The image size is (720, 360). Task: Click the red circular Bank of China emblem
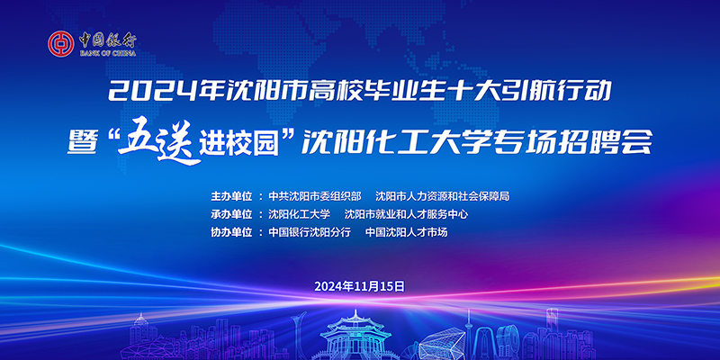click(60, 44)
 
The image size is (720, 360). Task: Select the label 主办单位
click(232, 196)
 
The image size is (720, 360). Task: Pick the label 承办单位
click(232, 214)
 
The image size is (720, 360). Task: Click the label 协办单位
click(232, 232)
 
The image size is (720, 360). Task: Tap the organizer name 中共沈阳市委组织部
click(315, 196)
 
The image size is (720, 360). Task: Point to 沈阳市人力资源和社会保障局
click(443, 196)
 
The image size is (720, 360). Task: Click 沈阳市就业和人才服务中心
click(407, 214)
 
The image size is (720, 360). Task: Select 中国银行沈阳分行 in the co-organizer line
click(310, 232)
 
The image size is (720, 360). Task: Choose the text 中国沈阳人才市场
click(407, 232)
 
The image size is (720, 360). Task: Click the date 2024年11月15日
click(359, 286)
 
